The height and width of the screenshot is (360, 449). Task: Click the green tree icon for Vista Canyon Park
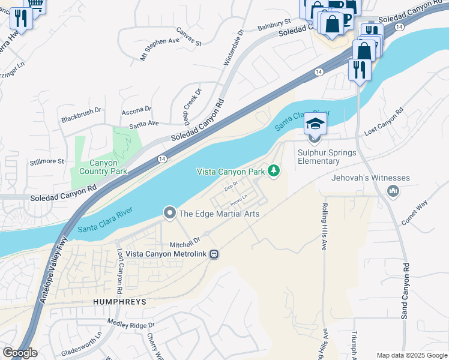[274, 172]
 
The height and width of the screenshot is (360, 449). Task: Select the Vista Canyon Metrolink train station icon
[213, 254]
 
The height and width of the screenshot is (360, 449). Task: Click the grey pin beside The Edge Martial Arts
[170, 213]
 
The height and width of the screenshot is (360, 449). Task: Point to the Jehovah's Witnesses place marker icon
[394, 191]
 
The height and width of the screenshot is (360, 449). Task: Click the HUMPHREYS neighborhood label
[119, 301]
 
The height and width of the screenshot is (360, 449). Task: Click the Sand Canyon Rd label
[406, 291]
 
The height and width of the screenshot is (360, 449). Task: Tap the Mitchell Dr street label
[184, 242]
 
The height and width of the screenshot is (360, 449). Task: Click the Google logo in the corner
[20, 353]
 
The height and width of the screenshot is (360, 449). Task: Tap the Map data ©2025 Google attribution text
[411, 355]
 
